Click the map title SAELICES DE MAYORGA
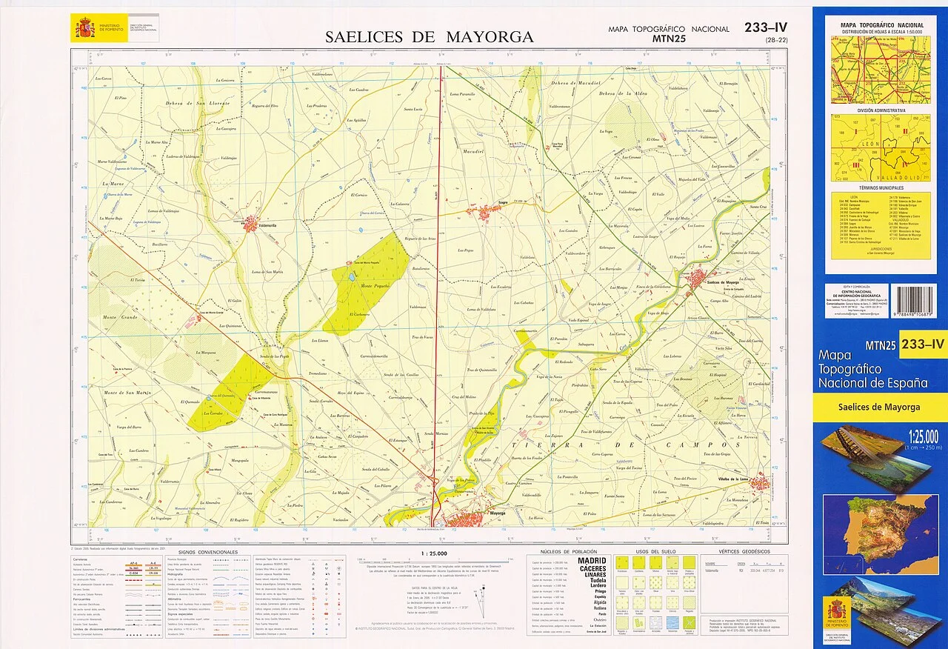pos(429,36)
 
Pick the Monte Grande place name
pos(119,317)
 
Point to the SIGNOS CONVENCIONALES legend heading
pos(208,553)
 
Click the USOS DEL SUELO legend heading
pos(651,553)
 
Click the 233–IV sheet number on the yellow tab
pos(923,344)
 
